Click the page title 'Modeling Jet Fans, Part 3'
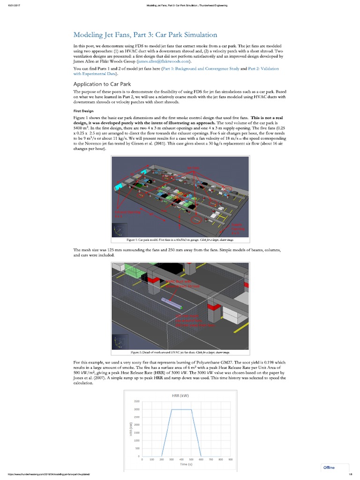pyautogui.click(x=145, y=35)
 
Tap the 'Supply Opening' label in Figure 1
pyautogui.click(x=237, y=227)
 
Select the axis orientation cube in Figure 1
pyautogui.click(x=119, y=231)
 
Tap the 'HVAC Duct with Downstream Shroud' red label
pyautogui.click(x=177, y=284)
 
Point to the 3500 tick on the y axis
pyautogui.click(x=136, y=402)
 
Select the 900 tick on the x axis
pyautogui.click(x=230, y=460)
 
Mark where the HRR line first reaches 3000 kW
pyautogui.click(x=172, y=410)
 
